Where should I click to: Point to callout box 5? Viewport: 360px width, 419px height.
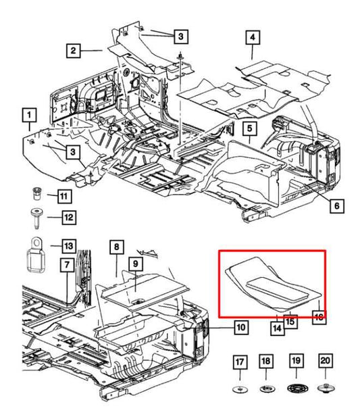click(x=249, y=128)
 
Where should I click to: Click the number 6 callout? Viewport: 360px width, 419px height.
click(x=336, y=205)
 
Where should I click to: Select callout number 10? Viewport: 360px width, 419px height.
click(x=240, y=328)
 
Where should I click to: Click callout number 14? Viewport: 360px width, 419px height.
click(x=277, y=328)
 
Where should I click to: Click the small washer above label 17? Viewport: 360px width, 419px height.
click(x=240, y=390)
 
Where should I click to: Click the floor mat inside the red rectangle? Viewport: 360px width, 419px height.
click(x=270, y=284)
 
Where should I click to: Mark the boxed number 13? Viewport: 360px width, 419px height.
click(x=69, y=245)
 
